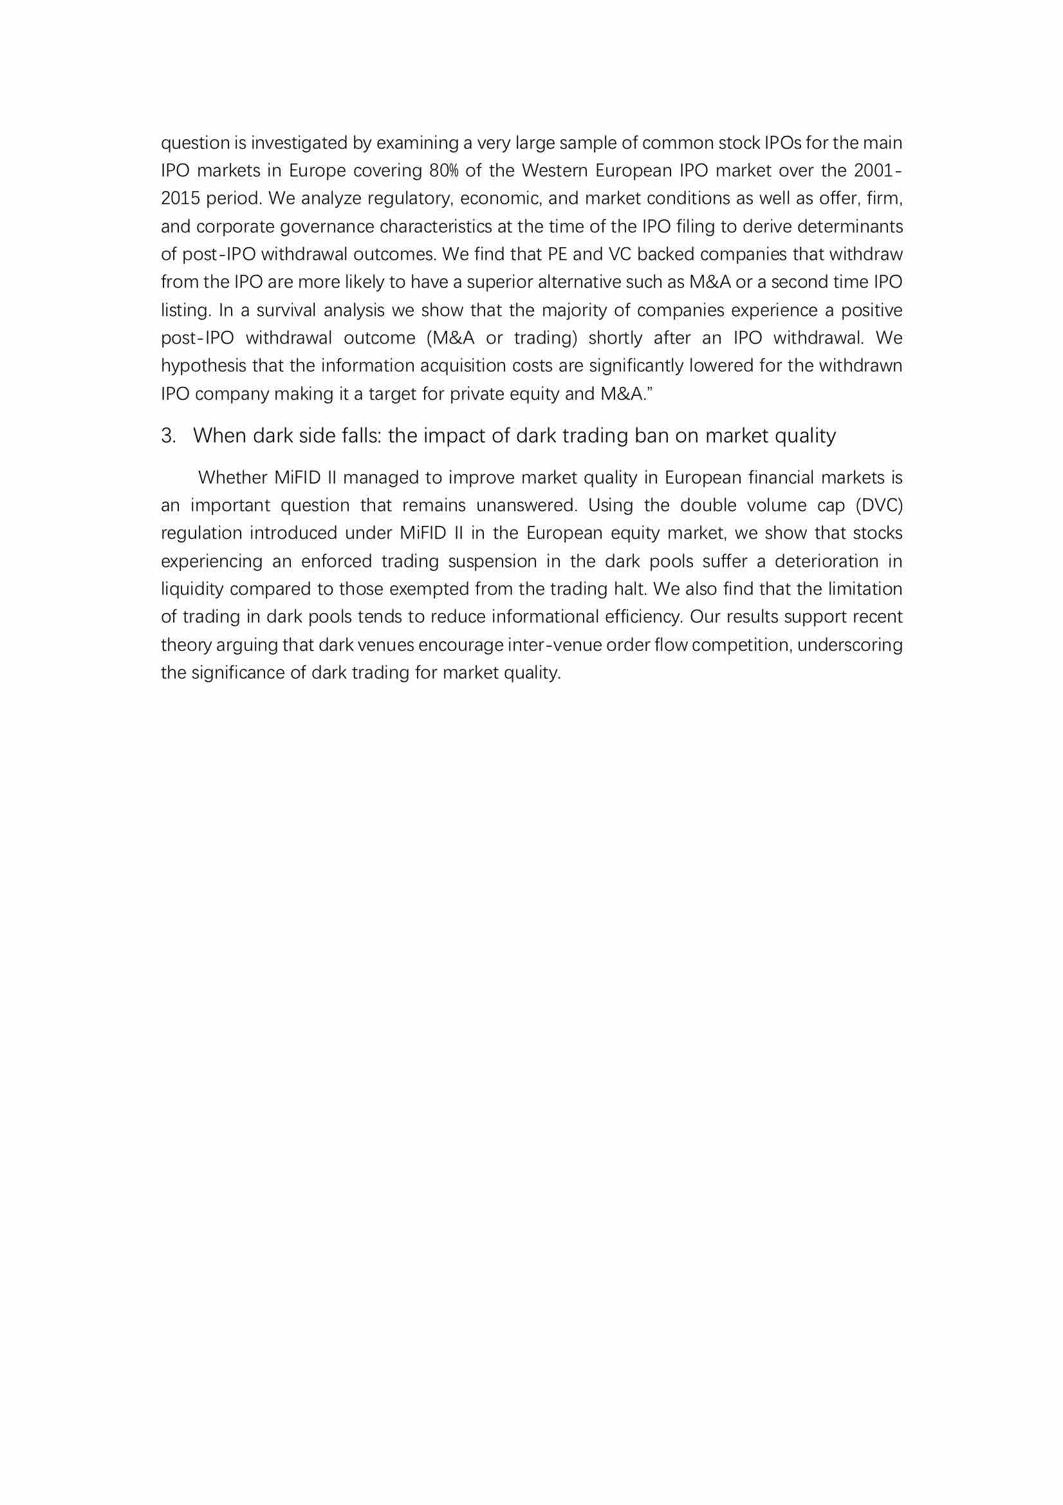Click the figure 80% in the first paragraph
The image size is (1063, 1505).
pyautogui.click(x=443, y=171)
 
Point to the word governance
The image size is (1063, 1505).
pyautogui.click(x=328, y=227)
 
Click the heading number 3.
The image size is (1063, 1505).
pyautogui.click(x=169, y=436)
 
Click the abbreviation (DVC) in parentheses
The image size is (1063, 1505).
pyautogui.click(x=879, y=505)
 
